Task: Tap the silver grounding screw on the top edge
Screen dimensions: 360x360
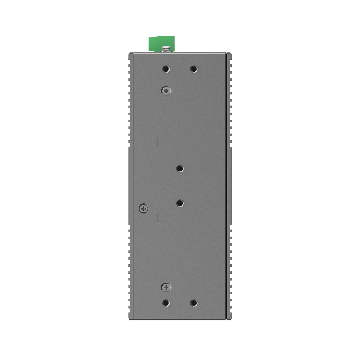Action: (166, 49)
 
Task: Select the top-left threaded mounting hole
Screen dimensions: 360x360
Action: (166, 69)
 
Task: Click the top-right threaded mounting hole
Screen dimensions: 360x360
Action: (194, 69)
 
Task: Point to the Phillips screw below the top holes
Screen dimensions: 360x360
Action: (166, 91)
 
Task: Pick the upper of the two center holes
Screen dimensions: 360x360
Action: (180, 168)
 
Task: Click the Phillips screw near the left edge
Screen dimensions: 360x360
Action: (144, 208)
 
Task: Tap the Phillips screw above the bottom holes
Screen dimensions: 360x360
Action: (166, 287)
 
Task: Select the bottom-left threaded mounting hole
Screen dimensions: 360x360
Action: (166, 303)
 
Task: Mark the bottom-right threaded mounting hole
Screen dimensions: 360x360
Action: (194, 303)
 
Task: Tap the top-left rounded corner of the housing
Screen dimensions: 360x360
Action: (130, 54)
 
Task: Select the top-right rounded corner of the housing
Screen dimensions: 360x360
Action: (230, 54)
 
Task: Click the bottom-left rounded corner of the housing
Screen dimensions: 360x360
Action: (130, 319)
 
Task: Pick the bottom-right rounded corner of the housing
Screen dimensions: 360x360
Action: (230, 319)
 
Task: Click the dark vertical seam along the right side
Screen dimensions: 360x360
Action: (226, 180)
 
